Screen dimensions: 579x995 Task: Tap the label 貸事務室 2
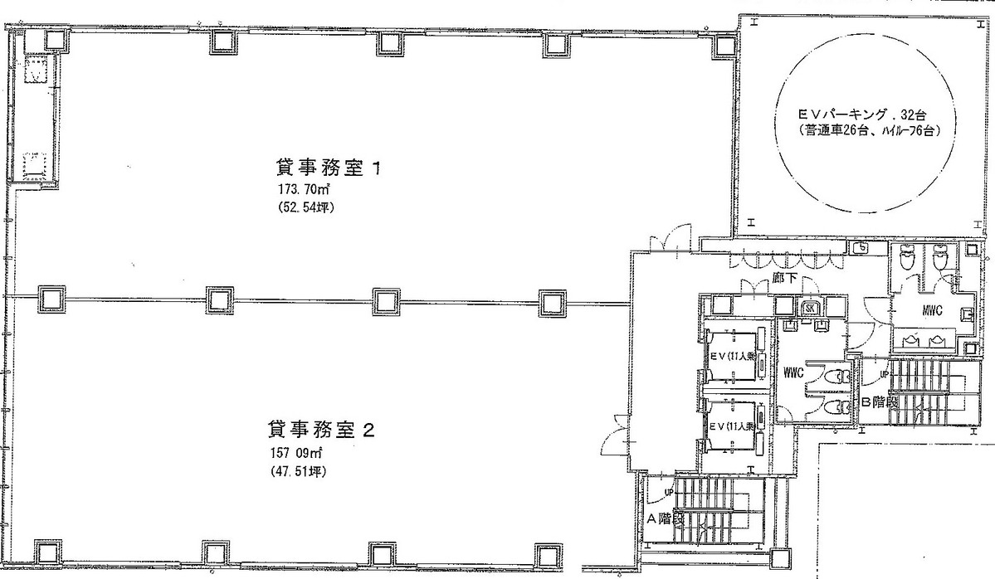(x=323, y=430)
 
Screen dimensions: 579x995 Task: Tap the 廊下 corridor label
(x=783, y=279)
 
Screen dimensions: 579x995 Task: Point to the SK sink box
(x=811, y=309)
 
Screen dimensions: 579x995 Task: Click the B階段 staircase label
(x=879, y=403)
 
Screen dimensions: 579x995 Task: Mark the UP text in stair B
(x=883, y=375)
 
